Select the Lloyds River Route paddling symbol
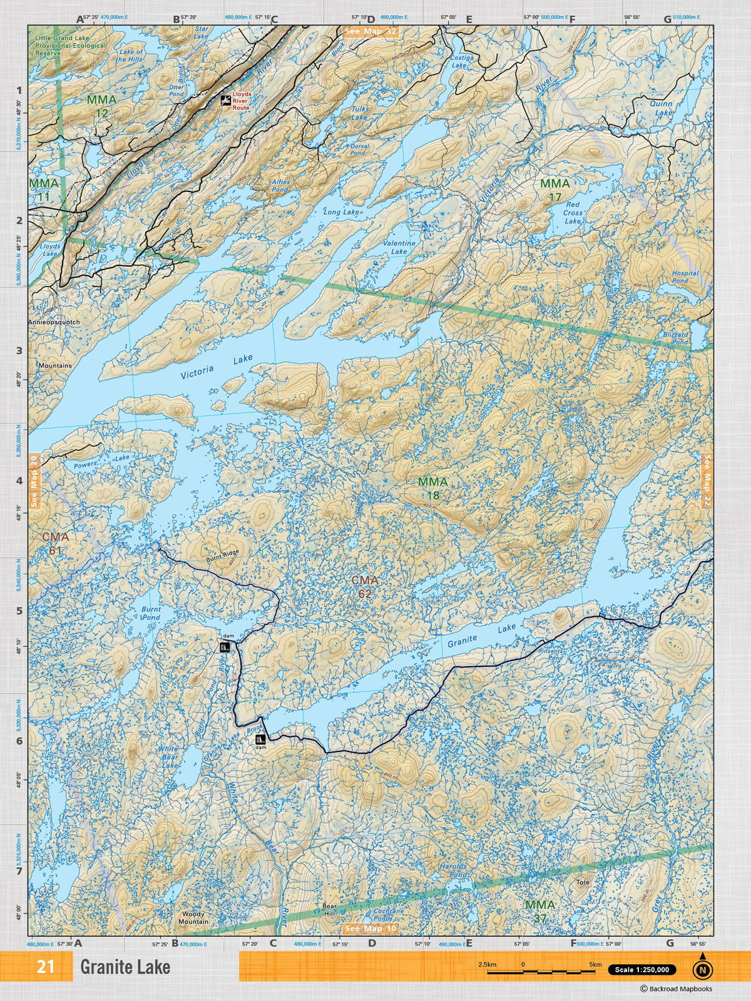tap(225, 101)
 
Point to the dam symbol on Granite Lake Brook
tap(260, 739)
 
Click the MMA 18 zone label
tap(433, 489)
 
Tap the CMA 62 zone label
tap(365, 587)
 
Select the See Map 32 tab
tap(370, 31)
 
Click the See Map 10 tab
tap(370, 928)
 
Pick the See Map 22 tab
tap(707, 479)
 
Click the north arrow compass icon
tap(702, 969)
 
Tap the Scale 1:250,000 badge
tap(641, 970)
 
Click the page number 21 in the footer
tap(45, 967)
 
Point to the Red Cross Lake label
tap(572, 213)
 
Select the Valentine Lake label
tap(399, 247)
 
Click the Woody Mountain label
tap(193, 918)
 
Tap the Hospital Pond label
tap(685, 277)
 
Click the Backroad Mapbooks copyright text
tap(676, 989)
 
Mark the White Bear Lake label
tap(168, 756)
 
